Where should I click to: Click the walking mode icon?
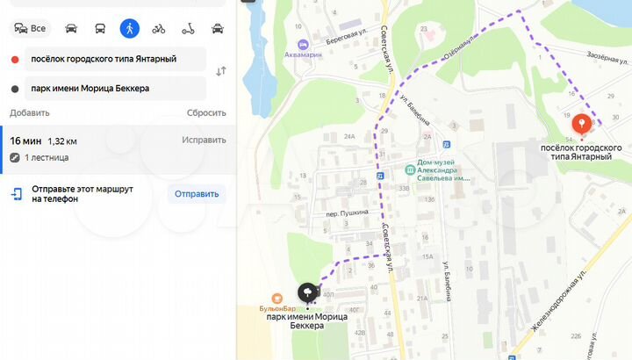tap(129, 28)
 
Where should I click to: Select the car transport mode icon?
tap(71, 28)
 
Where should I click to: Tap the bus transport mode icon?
tap(100, 28)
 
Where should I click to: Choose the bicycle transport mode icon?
tap(158, 28)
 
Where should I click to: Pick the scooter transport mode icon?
tap(187, 28)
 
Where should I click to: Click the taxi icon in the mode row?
tap(217, 28)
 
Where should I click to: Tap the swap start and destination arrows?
tap(220, 71)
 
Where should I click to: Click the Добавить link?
tap(30, 113)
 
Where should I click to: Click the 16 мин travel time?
tap(25, 140)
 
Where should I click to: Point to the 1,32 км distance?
tap(61, 140)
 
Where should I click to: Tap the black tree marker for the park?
tap(308, 292)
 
